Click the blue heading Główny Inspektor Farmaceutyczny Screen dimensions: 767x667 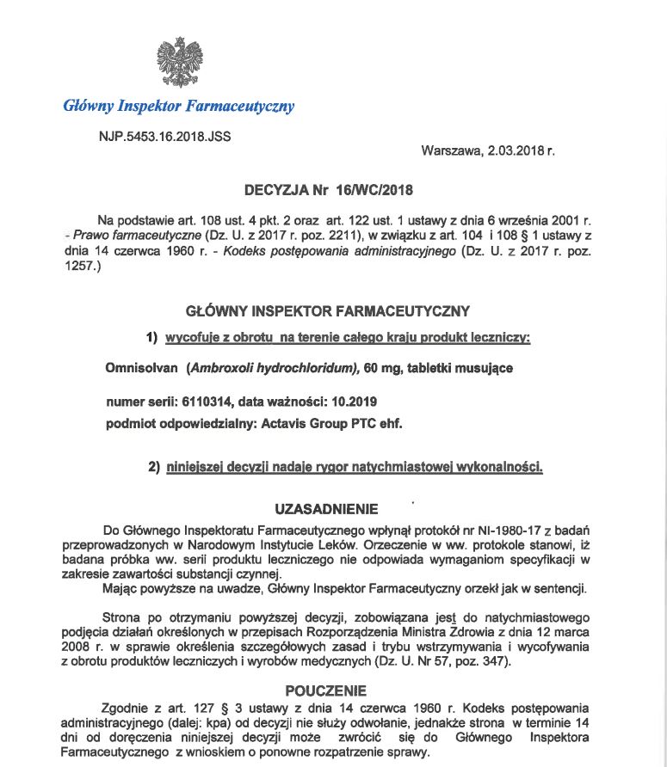click(179, 107)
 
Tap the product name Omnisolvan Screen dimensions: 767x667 click(137, 368)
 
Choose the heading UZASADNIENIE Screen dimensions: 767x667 click(325, 510)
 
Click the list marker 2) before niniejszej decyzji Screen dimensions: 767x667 click(155, 468)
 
